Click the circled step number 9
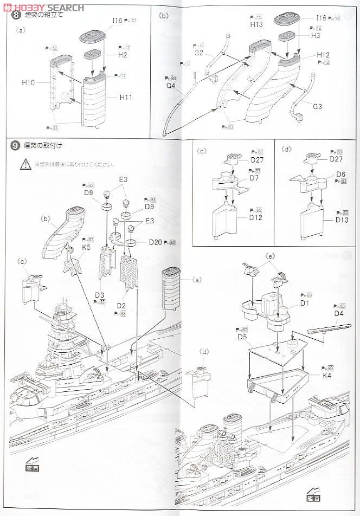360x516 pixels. (15, 146)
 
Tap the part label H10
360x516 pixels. (28, 82)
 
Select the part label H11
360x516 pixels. (126, 98)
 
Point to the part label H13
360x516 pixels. (256, 25)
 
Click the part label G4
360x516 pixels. (172, 86)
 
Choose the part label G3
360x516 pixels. (317, 107)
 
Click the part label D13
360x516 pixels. (342, 221)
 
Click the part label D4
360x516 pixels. (339, 313)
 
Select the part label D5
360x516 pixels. (242, 337)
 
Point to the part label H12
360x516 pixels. (323, 55)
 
